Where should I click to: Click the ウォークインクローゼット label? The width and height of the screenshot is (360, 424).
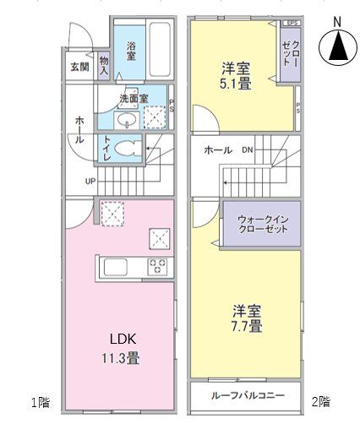[x=261, y=224]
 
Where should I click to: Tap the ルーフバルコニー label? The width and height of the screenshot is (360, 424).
[x=243, y=395]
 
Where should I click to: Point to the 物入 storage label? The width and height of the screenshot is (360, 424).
[x=103, y=65]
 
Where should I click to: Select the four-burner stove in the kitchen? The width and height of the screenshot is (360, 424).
[x=157, y=267]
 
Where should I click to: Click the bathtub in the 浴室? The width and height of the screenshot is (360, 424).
[x=159, y=48]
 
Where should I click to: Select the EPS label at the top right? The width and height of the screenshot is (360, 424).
[x=292, y=23]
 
